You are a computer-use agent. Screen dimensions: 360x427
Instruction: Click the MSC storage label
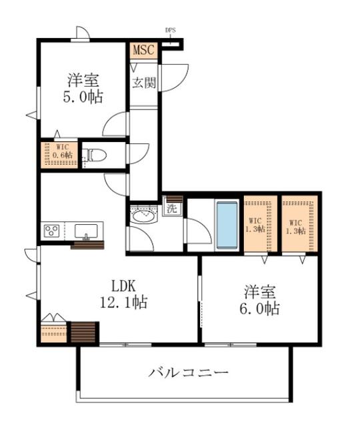point(143,50)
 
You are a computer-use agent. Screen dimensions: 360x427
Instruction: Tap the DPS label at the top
point(171,30)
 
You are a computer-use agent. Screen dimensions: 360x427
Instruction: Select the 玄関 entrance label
point(144,83)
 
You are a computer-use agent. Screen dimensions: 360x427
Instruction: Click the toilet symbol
point(94,155)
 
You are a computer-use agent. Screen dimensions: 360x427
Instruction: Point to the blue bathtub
point(227,225)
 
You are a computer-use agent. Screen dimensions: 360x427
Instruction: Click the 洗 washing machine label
point(172,209)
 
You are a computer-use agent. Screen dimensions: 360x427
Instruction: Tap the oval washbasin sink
point(143,217)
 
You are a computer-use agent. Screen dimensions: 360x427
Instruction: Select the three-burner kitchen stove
point(51,231)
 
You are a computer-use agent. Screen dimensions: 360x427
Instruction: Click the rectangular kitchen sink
point(86,232)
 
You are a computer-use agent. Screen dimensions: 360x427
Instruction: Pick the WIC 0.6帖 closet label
point(62,151)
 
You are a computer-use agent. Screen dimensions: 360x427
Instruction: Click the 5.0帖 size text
point(83,97)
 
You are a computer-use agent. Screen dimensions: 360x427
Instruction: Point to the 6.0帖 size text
point(259,308)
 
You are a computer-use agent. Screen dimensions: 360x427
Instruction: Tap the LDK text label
point(123,286)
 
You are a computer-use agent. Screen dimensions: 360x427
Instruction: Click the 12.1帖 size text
point(124,302)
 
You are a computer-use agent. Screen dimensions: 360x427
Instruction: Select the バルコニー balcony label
point(188,372)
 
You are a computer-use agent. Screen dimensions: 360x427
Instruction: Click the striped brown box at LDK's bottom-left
point(83,332)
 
